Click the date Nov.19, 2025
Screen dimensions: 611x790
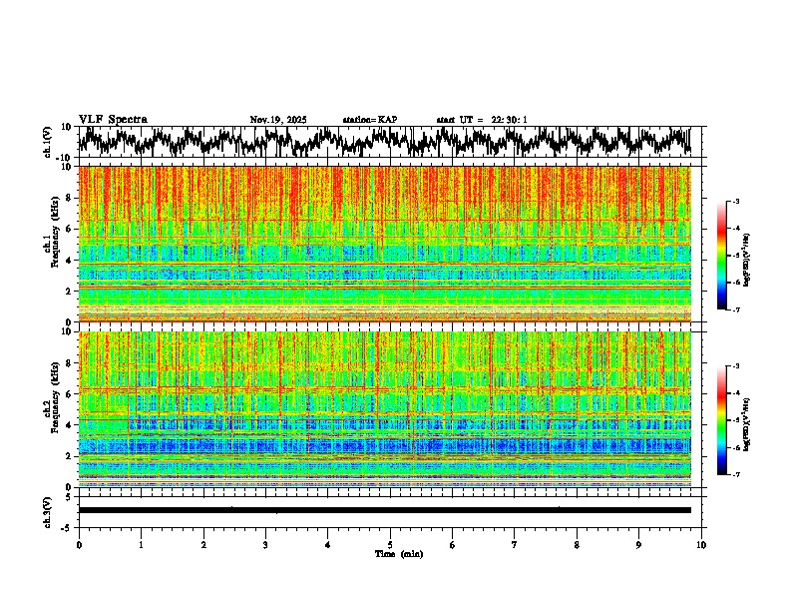pos(278,120)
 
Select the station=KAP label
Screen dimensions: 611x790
pos(369,120)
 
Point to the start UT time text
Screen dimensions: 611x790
pos(482,120)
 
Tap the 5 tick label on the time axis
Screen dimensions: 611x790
pos(390,544)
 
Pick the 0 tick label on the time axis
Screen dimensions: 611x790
pos(79,544)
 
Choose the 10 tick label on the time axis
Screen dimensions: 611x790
pos(701,544)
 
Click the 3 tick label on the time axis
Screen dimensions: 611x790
pos(265,544)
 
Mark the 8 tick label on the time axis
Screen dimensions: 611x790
pos(577,544)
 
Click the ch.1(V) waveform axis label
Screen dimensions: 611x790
pos(48,142)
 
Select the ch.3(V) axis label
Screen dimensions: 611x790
pos(48,510)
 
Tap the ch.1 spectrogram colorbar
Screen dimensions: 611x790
pos(721,256)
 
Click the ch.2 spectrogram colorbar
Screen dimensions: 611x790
pos(721,420)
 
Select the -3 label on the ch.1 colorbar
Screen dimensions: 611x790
pos(735,202)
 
